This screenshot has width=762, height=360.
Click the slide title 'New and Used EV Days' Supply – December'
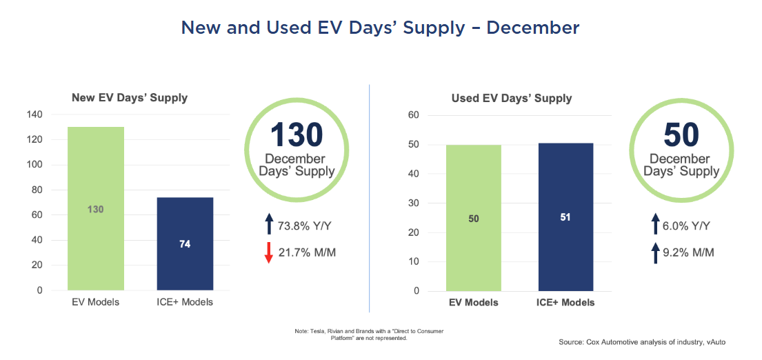tap(380, 28)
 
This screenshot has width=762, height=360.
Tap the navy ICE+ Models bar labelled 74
tap(185, 243)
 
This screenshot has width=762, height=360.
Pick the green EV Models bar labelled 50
tap(473, 218)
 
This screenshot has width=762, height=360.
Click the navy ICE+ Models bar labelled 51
tap(565, 217)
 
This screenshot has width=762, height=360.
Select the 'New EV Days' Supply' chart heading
tap(130, 98)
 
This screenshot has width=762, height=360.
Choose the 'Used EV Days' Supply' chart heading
tap(512, 98)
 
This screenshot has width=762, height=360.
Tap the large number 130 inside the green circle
tap(296, 135)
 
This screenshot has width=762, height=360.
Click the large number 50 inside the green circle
tap(681, 135)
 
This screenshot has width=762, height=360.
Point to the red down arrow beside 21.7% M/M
tap(269, 253)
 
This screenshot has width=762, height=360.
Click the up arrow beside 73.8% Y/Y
tap(269, 225)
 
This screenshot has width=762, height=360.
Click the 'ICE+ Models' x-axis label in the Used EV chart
tap(565, 302)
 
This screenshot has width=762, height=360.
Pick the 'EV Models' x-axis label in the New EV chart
tap(95, 302)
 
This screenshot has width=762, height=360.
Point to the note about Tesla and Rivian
tap(369, 335)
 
